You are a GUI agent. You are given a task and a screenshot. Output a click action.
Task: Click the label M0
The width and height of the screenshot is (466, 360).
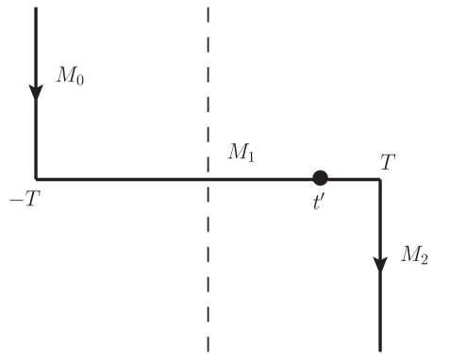(69, 76)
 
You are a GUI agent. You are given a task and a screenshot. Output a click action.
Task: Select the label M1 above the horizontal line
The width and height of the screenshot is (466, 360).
(241, 154)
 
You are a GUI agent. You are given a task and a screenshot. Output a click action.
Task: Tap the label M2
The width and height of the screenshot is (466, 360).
(414, 254)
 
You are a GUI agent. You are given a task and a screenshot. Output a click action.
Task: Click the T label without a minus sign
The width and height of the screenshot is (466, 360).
(388, 162)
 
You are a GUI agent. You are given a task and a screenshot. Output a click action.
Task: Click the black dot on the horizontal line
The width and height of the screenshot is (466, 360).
(320, 177)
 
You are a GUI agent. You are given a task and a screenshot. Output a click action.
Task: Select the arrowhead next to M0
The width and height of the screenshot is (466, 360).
(36, 91)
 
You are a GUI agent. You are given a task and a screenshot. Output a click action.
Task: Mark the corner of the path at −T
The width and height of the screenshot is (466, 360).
(36, 178)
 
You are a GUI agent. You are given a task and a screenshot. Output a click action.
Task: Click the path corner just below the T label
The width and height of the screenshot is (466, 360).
(380, 178)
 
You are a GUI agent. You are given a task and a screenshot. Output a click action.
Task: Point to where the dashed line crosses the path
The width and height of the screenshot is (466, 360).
(208, 178)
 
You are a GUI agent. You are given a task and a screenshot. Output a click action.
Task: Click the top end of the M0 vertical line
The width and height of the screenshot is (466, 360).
(36, 8)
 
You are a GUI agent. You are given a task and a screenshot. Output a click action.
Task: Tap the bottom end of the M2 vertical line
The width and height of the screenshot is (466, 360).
(380, 350)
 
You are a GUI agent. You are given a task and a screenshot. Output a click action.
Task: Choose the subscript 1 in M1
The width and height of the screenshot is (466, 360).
(251, 157)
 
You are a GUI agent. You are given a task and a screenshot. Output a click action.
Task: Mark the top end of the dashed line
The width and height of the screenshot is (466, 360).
(208, 8)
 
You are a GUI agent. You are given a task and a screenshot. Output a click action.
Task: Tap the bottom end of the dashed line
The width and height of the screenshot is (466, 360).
(208, 351)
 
